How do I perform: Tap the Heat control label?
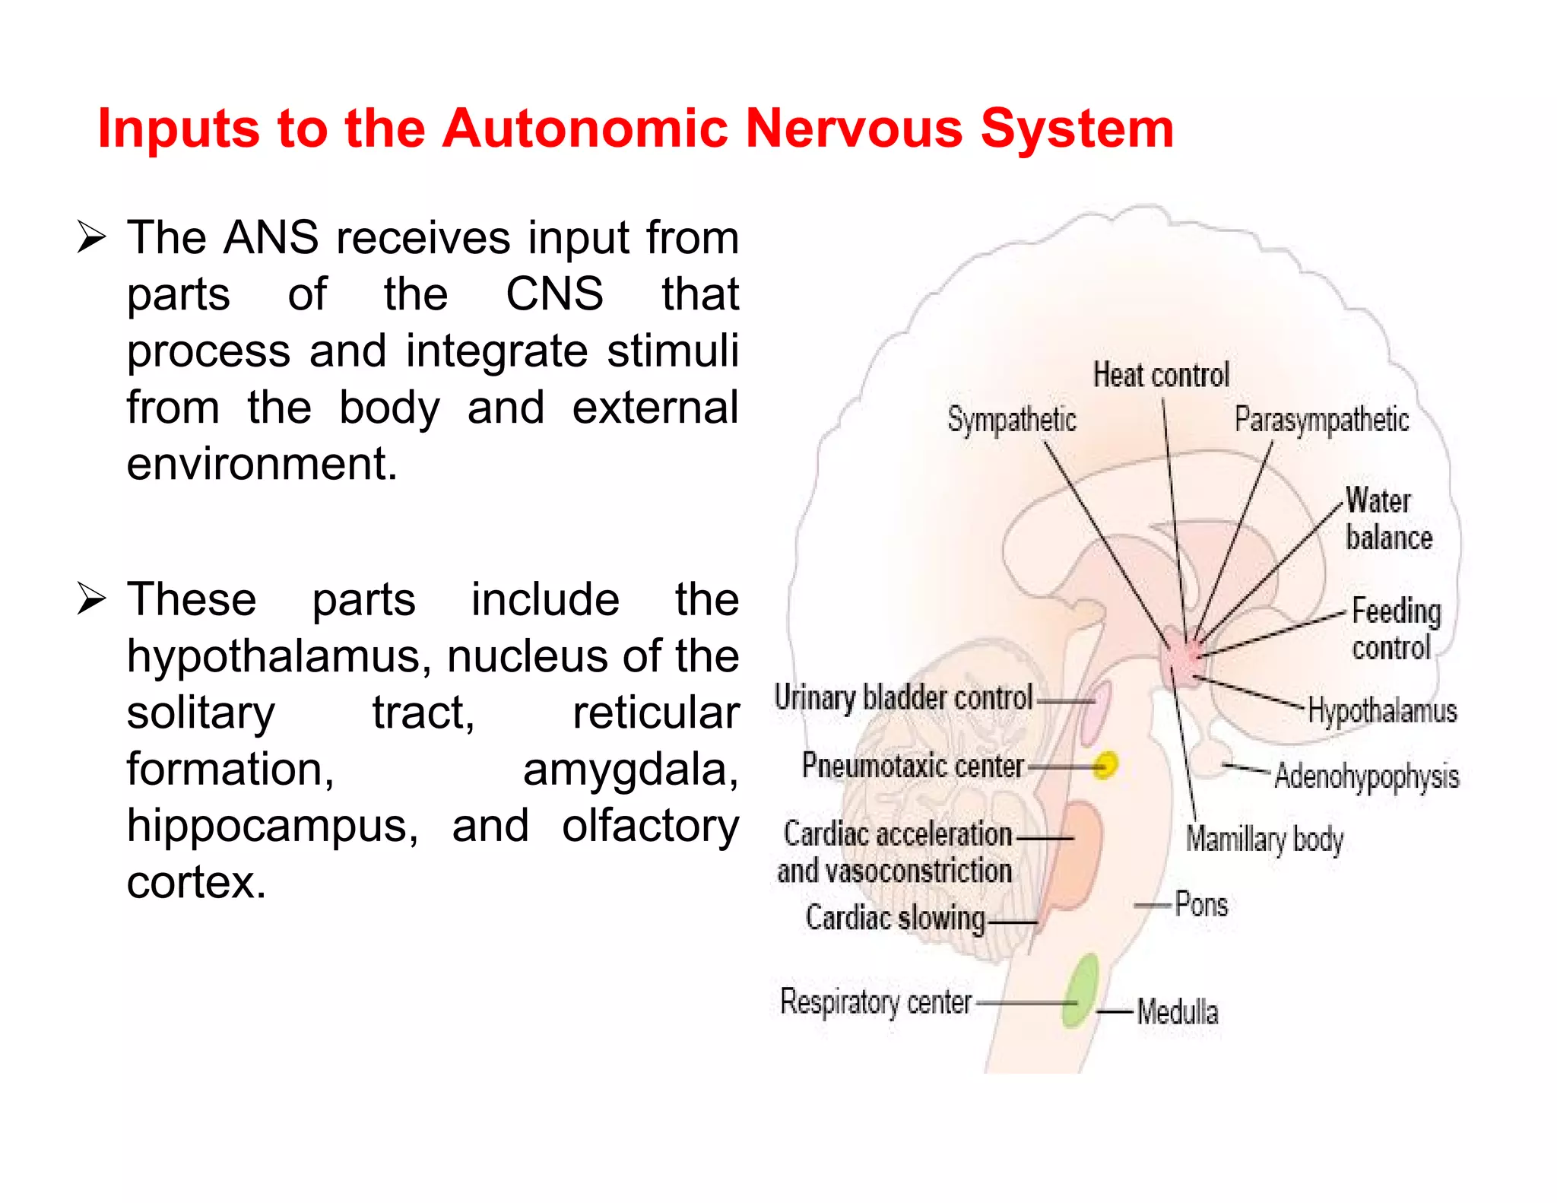click(1161, 375)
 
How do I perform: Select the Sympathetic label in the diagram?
click(1011, 420)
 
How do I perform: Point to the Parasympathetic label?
click(1321, 420)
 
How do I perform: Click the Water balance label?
click(1387, 519)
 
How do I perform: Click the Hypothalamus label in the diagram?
click(1382, 711)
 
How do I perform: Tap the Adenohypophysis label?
click(1366, 776)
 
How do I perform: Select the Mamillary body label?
click(1264, 840)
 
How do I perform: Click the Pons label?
click(1201, 905)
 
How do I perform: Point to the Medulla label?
click(1177, 1012)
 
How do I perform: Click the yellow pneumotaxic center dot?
click(1106, 764)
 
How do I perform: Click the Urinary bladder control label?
click(903, 697)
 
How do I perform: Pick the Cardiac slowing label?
click(895, 918)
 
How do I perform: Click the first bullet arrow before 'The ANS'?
click(91, 238)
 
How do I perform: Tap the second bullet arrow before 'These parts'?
click(91, 600)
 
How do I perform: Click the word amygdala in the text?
click(630, 770)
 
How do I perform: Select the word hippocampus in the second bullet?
click(272, 827)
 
